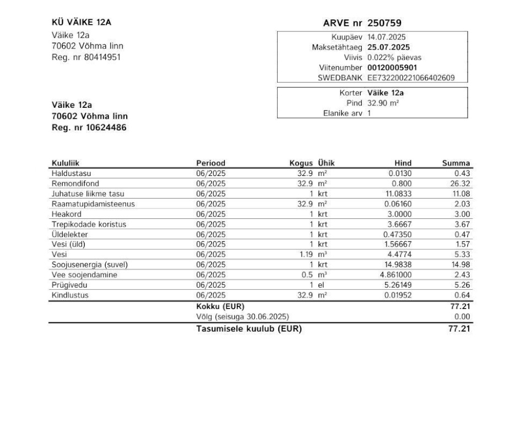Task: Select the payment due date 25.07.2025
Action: (x=388, y=47)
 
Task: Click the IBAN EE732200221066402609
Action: (x=411, y=78)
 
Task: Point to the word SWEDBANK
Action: (x=340, y=78)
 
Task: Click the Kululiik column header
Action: (x=65, y=163)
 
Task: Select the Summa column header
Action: (x=456, y=163)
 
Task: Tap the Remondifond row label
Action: (x=75, y=183)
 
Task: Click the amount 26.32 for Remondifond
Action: (x=460, y=183)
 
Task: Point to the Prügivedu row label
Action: (x=69, y=285)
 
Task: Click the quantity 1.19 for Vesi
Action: (x=305, y=255)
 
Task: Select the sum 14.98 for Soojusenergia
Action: (x=460, y=265)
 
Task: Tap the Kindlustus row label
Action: (x=70, y=295)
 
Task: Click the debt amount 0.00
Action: (x=462, y=316)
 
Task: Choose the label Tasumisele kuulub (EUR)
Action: (x=249, y=329)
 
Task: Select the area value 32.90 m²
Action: (x=383, y=103)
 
